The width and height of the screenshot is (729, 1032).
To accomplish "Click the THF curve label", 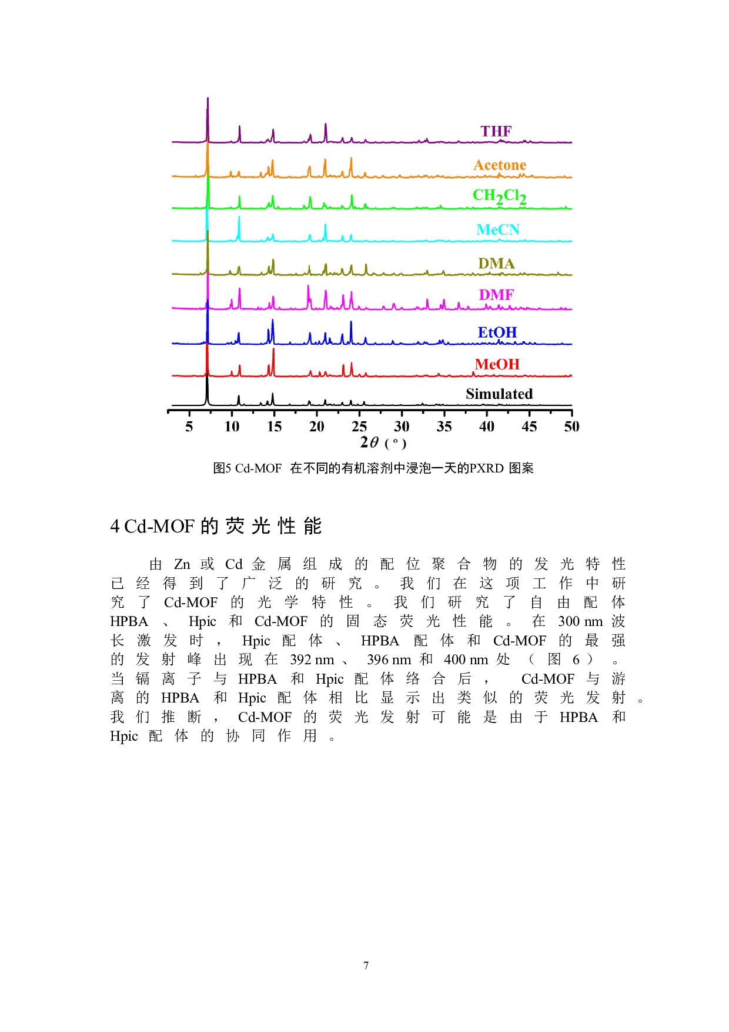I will tap(496, 131).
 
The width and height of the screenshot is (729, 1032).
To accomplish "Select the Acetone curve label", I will tap(500, 165).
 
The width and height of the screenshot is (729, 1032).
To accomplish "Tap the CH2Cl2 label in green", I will tap(499, 196).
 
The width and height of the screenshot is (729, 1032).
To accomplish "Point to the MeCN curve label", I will tap(498, 229).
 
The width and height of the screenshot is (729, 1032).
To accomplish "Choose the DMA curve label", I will tap(496, 263).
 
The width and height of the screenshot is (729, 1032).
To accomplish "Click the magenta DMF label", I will tap(496, 295).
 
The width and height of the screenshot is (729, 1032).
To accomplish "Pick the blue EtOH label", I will tap(497, 332).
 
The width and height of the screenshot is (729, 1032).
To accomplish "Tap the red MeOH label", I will tap(497, 364).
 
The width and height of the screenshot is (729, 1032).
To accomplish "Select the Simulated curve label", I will tap(499, 394).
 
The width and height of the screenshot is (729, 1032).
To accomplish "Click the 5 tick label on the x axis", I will tap(189, 427).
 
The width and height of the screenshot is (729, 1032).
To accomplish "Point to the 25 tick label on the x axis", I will tap(359, 427).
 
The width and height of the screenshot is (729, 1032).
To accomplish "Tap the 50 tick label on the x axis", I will tap(571, 427).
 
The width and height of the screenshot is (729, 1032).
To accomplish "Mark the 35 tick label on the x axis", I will tap(444, 427).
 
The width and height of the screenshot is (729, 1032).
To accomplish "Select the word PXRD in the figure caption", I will tap(487, 468).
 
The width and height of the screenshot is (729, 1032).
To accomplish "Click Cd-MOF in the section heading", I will tap(159, 526).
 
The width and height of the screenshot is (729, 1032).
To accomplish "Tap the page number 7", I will tap(366, 966).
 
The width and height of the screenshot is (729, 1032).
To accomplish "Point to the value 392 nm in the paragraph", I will tap(312, 660).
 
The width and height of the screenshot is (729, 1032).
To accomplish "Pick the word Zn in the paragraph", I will tap(182, 564).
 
